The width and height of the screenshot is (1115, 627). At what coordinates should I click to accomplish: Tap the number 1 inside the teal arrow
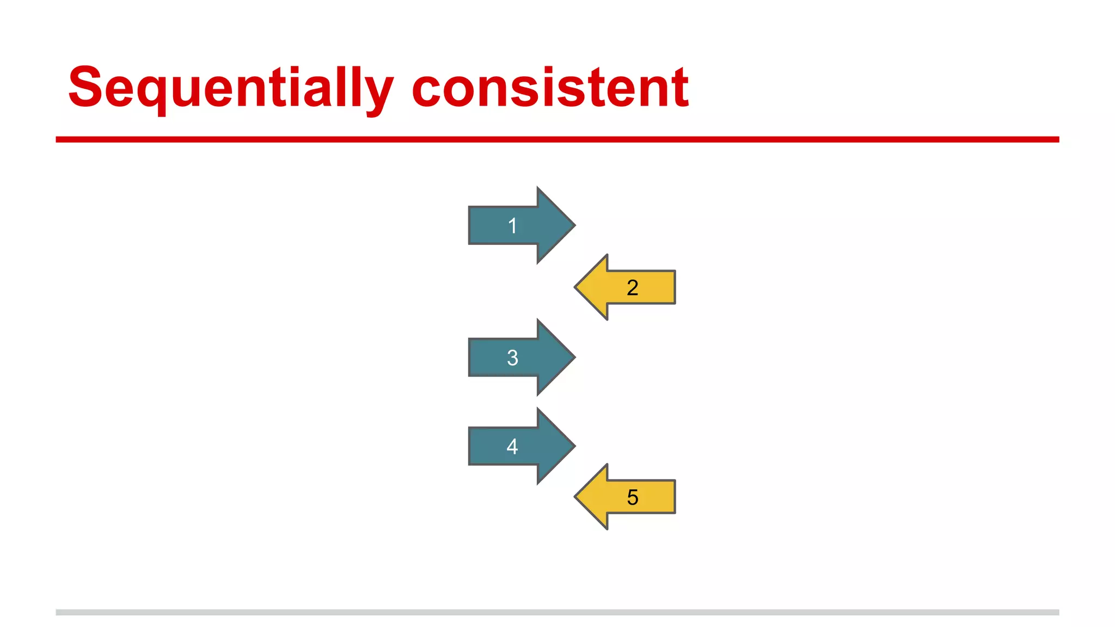(512, 226)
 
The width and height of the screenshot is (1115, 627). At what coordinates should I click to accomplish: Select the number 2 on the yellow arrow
(632, 287)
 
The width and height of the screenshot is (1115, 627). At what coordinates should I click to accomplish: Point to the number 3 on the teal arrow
(512, 358)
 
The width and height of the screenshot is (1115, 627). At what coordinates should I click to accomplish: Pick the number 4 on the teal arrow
(512, 446)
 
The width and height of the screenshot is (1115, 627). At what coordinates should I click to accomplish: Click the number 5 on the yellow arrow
(632, 497)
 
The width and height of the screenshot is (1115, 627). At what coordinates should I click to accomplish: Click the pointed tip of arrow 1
(574, 225)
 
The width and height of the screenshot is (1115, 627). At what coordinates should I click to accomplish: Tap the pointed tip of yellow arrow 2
(576, 287)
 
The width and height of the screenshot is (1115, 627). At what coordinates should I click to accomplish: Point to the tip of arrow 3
(574, 357)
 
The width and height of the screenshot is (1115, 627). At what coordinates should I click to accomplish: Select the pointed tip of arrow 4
(574, 446)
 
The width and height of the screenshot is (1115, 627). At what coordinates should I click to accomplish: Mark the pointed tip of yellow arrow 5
(576, 497)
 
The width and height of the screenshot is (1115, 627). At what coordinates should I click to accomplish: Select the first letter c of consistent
(428, 93)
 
